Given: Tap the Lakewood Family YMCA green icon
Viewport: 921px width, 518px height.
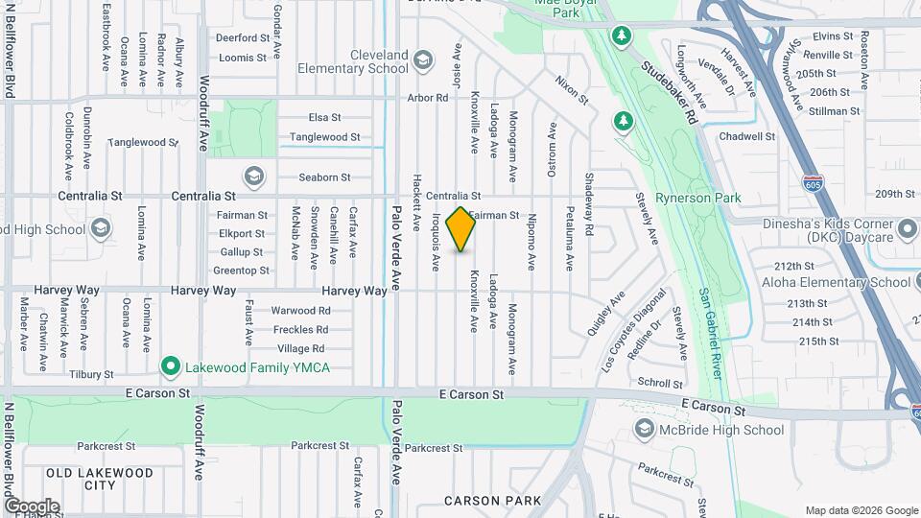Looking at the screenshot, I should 171,365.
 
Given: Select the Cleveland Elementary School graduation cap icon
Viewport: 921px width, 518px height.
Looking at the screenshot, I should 421,62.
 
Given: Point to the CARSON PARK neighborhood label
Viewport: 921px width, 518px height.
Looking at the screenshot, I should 492,501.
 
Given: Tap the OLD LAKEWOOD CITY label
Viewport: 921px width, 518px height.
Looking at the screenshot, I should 99,479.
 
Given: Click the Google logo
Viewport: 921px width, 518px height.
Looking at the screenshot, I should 31,506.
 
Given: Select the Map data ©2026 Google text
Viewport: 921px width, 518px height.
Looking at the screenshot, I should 861,510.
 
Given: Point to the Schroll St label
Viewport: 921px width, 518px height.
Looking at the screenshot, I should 660,382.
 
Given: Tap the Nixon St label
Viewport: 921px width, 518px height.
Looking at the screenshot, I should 571,91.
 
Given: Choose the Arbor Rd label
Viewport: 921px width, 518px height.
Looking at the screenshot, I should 428,98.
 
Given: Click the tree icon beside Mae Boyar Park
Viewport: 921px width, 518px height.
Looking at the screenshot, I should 623,35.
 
